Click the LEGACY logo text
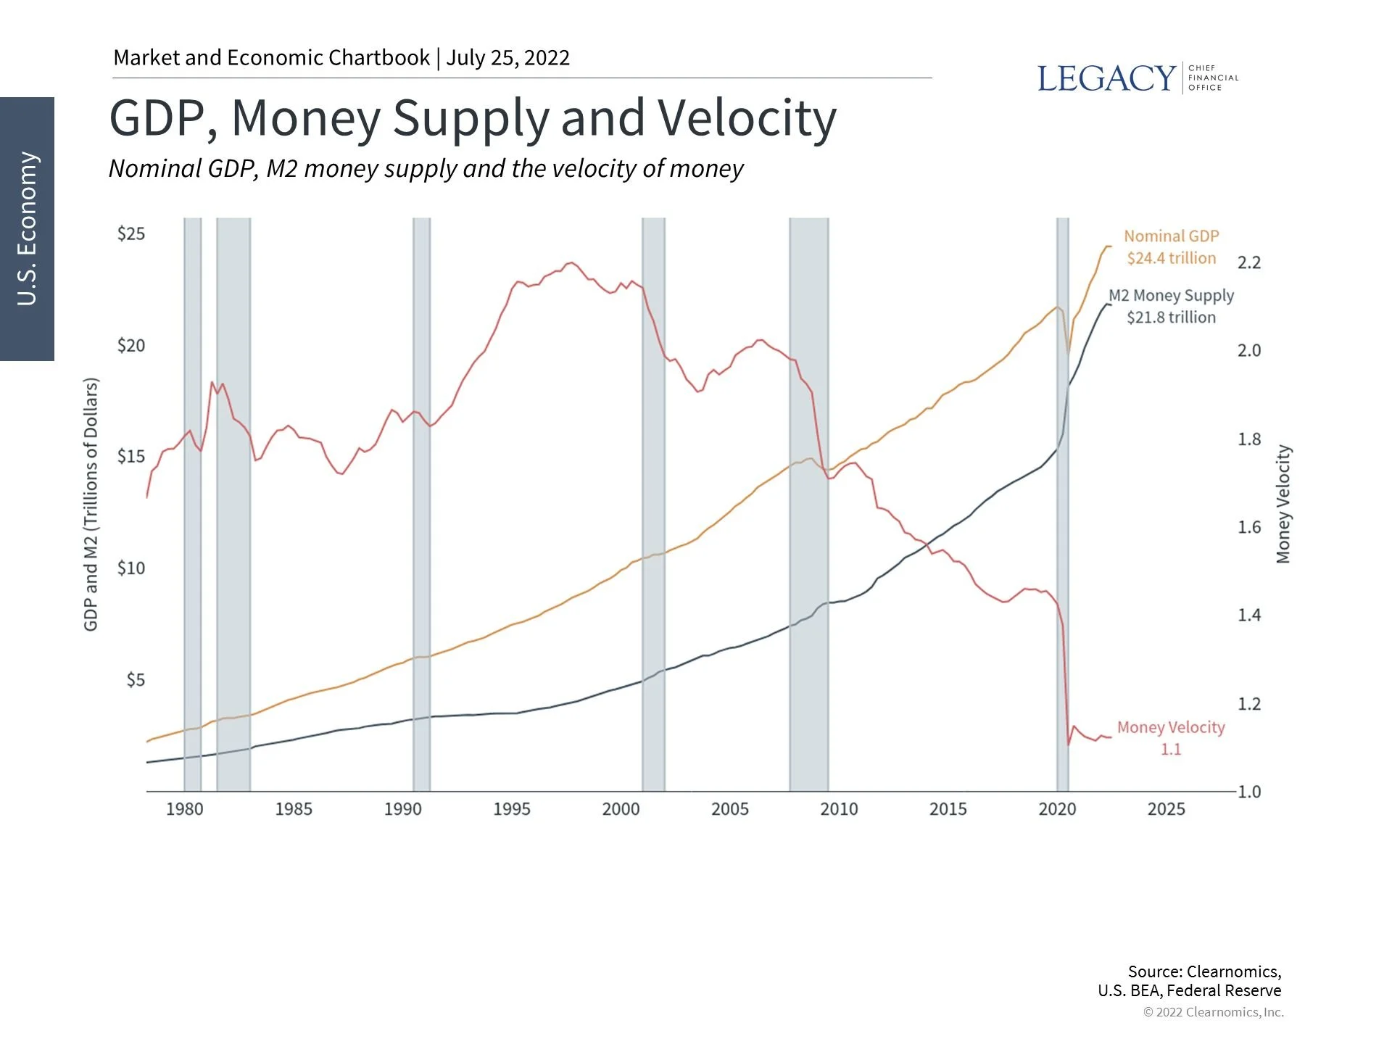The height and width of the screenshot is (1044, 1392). click(1106, 78)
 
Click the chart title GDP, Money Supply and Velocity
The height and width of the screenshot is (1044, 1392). click(473, 118)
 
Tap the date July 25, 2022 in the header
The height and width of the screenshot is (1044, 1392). click(507, 58)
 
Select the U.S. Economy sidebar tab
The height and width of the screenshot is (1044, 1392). click(27, 228)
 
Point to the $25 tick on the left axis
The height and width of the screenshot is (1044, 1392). click(131, 233)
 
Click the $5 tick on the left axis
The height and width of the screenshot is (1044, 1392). click(136, 680)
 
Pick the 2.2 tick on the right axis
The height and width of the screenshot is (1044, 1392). click(1248, 262)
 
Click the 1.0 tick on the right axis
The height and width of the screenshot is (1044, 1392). click(1248, 792)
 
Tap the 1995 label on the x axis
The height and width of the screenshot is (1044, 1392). click(511, 809)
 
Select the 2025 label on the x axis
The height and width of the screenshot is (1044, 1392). click(1166, 809)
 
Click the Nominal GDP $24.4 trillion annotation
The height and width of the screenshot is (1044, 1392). click(1171, 247)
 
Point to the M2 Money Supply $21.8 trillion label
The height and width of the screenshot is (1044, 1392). click(1171, 307)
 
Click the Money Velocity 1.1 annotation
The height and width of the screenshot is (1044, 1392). click(1171, 738)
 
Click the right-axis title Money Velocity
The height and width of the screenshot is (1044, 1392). click(1283, 504)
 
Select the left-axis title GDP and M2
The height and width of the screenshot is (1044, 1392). click(91, 504)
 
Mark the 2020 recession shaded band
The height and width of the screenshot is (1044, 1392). click(1062, 507)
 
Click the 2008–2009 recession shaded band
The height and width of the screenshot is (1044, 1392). click(808, 507)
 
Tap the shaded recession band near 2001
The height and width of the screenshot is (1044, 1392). click(653, 507)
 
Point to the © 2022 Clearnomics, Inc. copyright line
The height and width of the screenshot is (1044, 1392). click(1213, 1012)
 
